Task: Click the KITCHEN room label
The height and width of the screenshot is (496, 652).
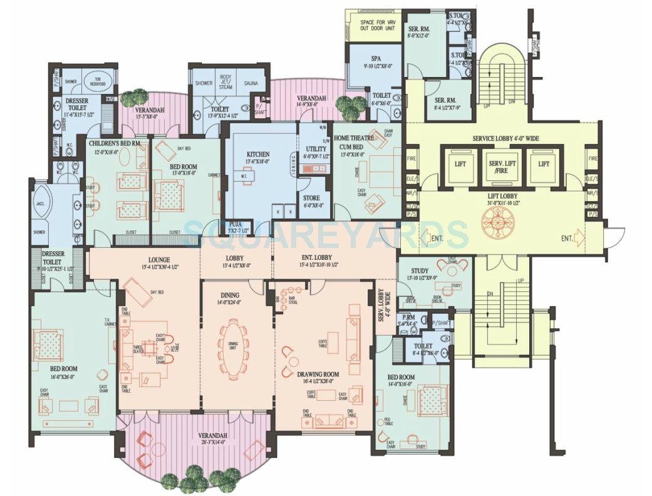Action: pyautogui.click(x=257, y=154)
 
